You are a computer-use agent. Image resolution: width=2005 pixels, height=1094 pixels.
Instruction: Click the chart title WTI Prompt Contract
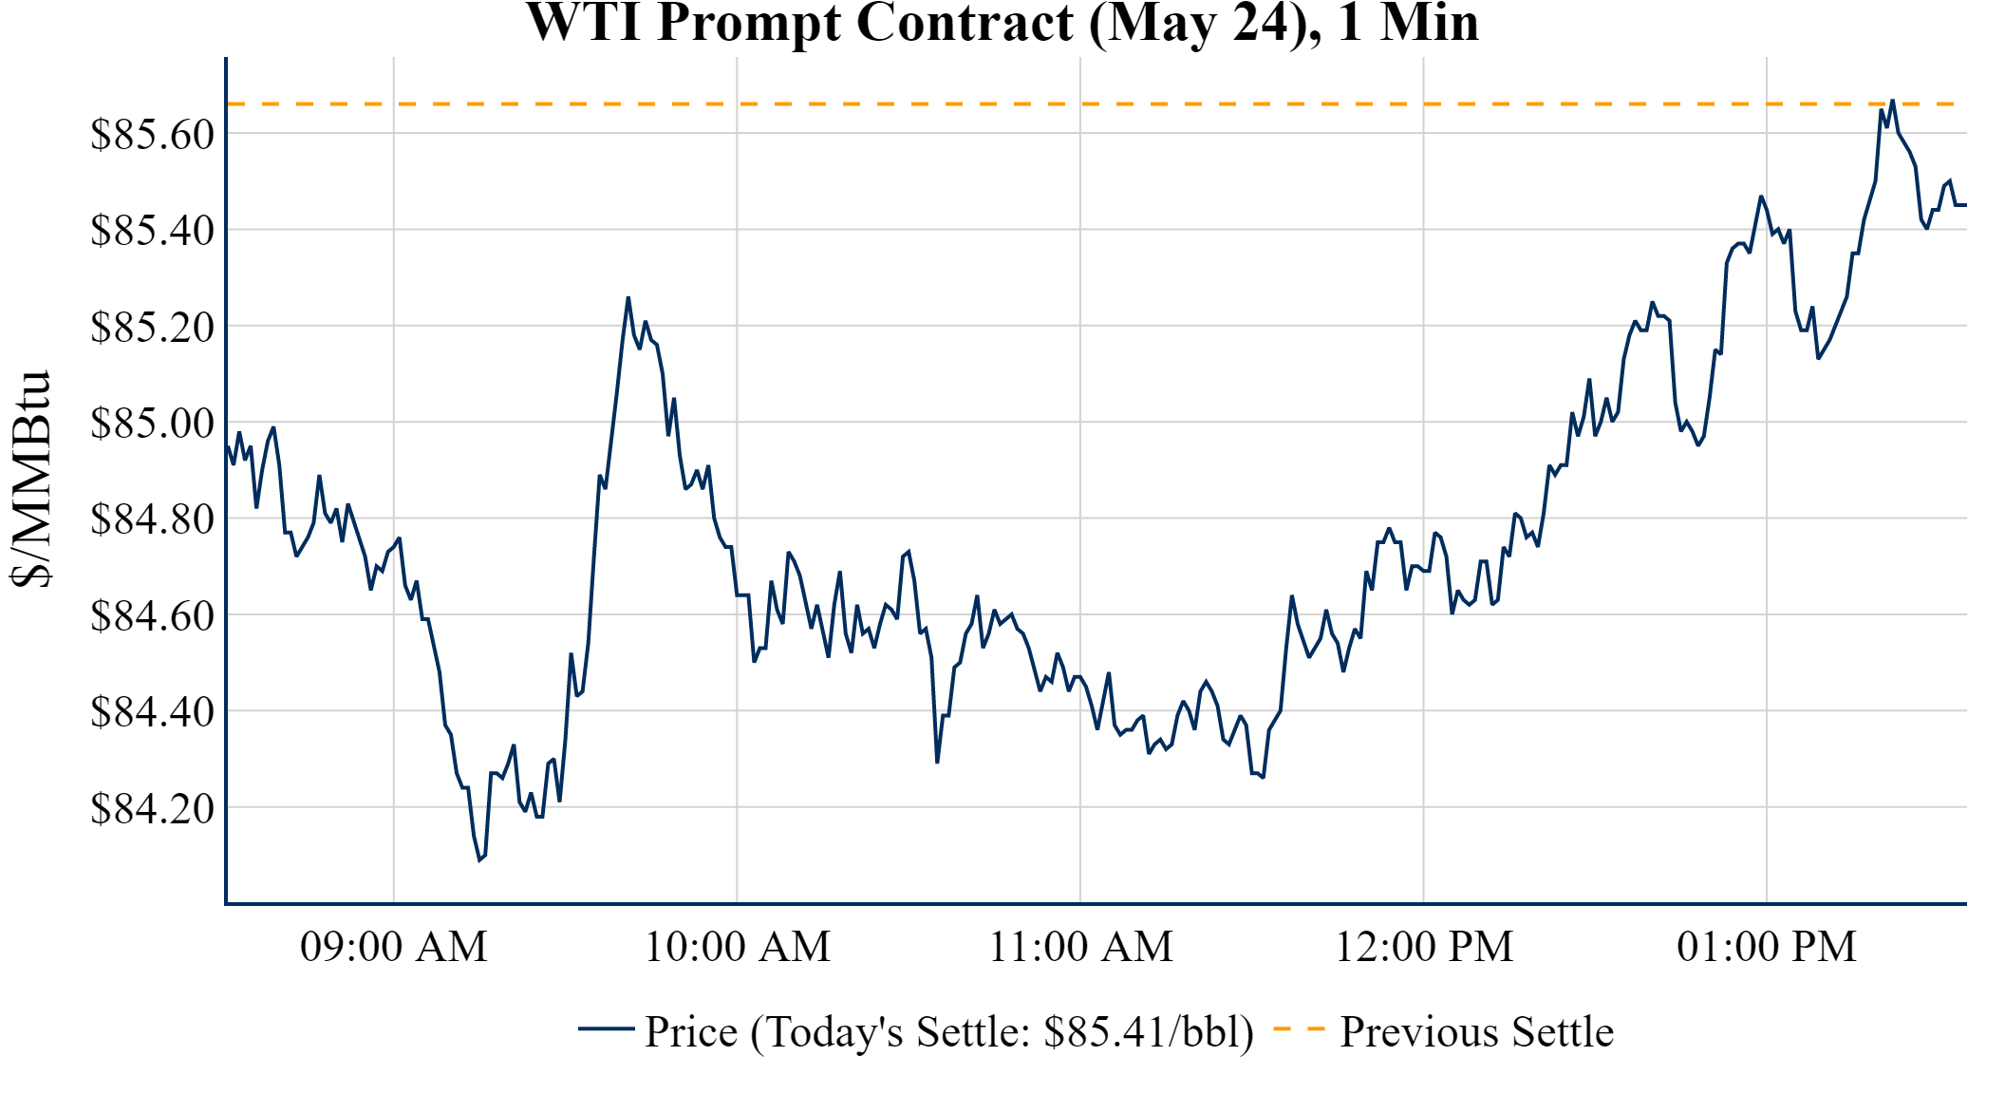1002,23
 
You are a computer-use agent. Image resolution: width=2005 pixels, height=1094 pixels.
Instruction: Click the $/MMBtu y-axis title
30,479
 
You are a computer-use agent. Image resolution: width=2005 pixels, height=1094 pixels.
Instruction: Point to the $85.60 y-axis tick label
152,134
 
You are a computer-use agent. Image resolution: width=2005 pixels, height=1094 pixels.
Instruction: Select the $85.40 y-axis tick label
152,230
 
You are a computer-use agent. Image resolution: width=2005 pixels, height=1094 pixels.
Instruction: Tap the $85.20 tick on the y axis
152,327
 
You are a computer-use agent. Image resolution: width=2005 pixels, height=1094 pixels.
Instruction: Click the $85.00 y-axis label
152,423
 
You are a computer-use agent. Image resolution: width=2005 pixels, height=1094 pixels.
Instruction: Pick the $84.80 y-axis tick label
152,519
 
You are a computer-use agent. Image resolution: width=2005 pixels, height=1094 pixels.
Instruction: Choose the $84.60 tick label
152,615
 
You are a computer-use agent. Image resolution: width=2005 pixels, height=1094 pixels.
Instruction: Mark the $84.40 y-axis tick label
152,711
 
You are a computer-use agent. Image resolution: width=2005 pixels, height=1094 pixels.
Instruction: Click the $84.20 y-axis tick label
152,808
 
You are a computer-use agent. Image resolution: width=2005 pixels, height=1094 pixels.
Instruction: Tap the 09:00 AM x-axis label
394,947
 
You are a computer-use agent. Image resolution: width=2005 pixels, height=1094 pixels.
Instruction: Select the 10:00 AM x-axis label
738,947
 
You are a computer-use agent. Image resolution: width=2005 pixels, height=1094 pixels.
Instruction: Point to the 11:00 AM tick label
1081,947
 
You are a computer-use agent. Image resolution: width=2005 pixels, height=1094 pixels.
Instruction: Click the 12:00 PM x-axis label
1424,947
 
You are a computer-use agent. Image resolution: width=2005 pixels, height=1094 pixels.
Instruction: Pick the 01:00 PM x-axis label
1767,947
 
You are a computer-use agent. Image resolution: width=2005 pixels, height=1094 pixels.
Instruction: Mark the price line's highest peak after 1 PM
1892,100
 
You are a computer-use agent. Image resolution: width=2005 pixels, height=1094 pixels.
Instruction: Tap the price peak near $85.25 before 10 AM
628,298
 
